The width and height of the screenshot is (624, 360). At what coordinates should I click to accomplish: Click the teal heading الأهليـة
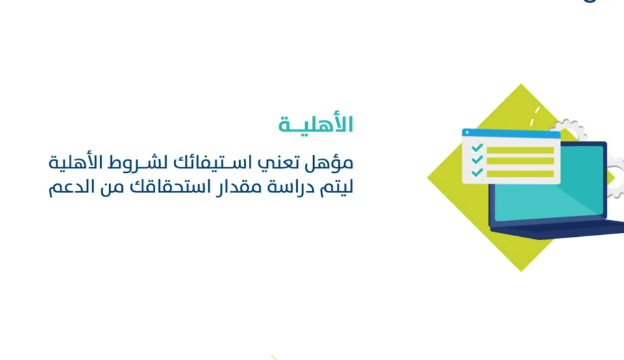(316, 124)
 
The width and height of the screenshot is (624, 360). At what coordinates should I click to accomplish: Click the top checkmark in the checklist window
(477, 147)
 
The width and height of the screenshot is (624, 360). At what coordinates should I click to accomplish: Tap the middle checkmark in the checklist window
(477, 160)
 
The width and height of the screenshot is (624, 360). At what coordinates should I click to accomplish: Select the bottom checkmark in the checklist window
(477, 172)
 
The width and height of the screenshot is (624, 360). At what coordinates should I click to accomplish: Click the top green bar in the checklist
(520, 150)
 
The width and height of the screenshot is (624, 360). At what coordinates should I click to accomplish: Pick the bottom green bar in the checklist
(520, 174)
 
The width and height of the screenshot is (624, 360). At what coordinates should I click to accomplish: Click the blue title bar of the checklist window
(511, 134)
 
